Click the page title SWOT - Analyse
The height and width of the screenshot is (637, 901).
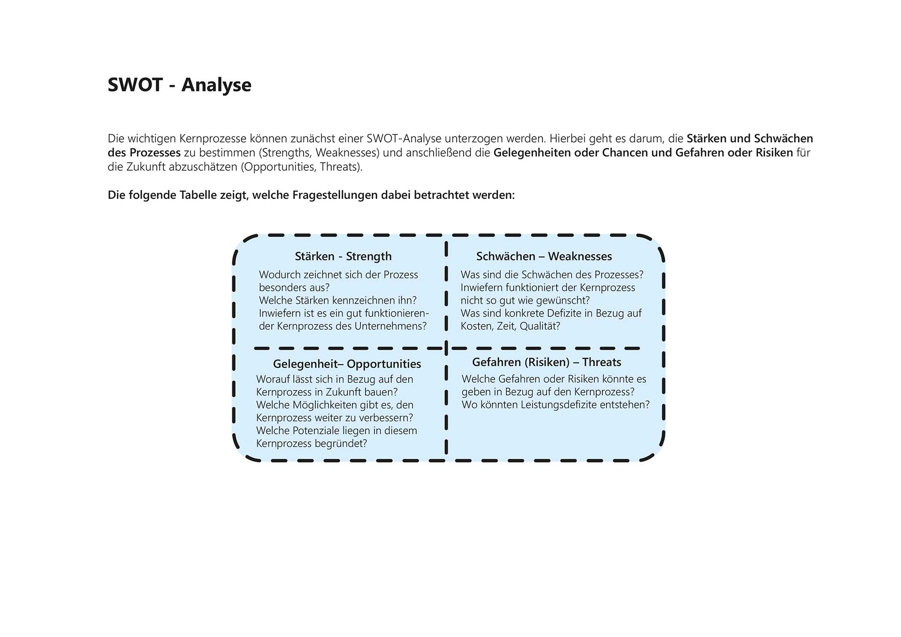coord(179,85)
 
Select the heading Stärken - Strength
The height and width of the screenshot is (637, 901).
coord(343,256)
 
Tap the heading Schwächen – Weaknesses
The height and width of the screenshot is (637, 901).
coord(544,256)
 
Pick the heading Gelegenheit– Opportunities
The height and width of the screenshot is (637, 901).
coord(347,364)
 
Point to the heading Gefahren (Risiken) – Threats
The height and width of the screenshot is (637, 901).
coord(546,362)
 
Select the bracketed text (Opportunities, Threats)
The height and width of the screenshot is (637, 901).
coord(302,167)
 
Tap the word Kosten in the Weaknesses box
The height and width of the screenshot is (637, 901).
coord(476,326)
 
